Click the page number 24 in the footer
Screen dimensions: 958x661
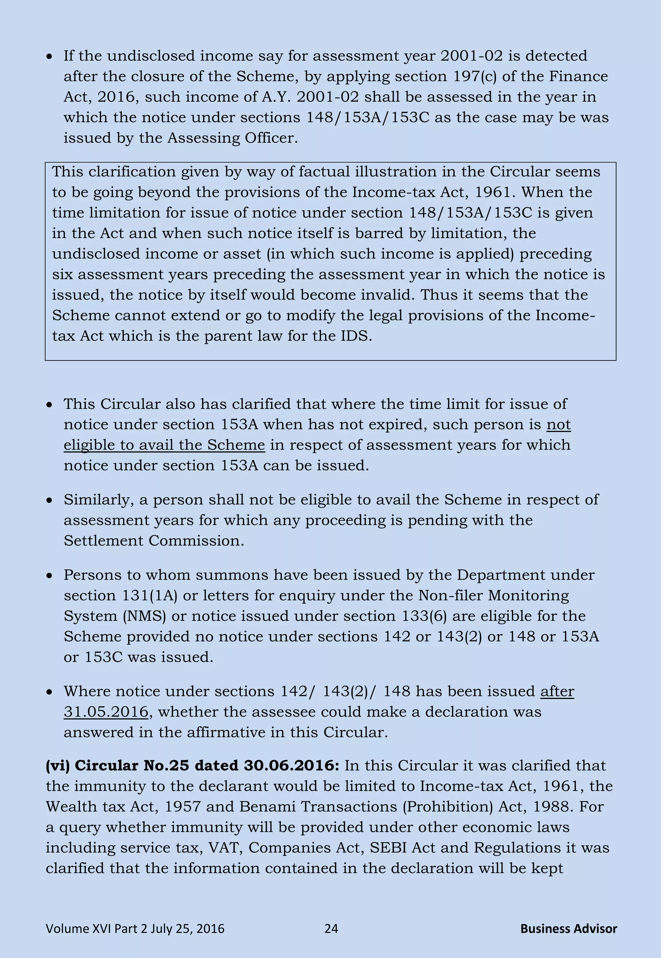pos(331,929)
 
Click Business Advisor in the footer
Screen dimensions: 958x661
pos(568,929)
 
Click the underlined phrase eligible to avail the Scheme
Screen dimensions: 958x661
pos(164,445)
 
